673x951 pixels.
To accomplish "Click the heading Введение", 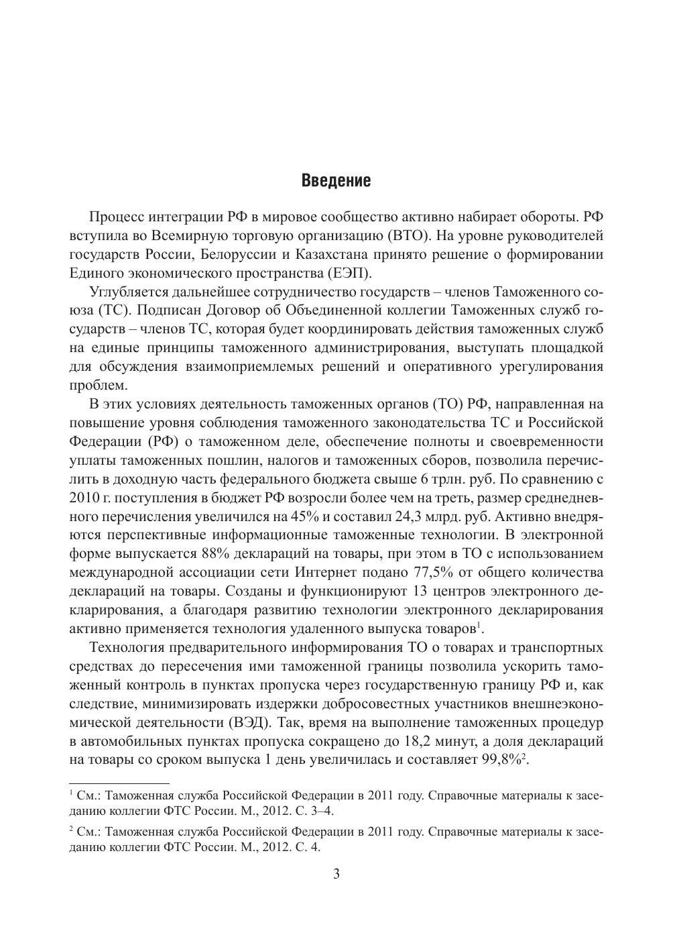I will coord(336,181).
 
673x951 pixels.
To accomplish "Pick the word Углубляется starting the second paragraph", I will coord(128,292).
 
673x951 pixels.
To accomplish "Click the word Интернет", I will coord(326,573).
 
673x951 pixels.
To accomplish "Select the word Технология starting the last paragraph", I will coord(127,647).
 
